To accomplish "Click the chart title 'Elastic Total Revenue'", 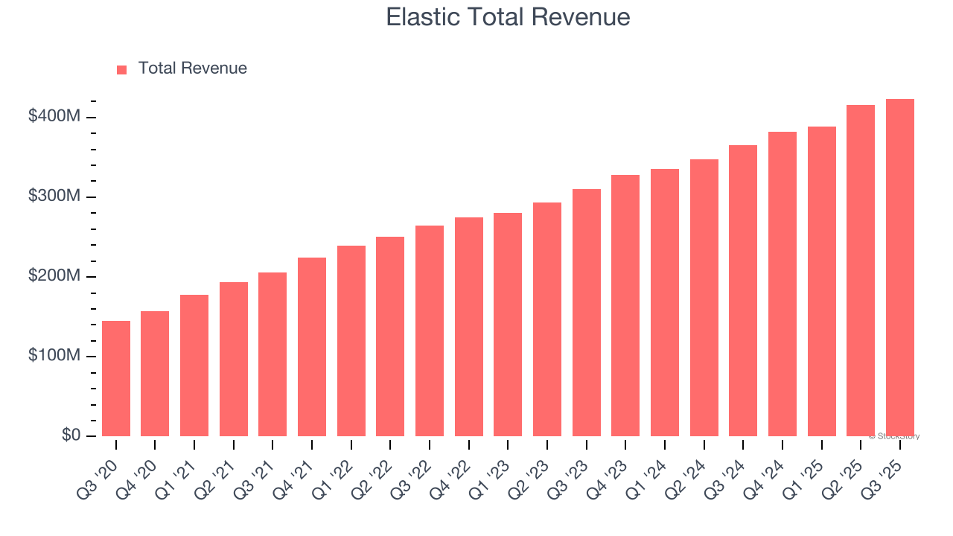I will pos(508,17).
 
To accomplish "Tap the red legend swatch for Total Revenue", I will pos(122,69).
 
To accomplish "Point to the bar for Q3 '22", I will pos(430,331).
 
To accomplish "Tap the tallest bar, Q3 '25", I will pos(900,267).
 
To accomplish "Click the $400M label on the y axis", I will pos(55,117).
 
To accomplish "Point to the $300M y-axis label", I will pos(55,197).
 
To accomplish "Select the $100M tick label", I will pos(55,356).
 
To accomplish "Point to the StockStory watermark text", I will pos(894,436).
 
